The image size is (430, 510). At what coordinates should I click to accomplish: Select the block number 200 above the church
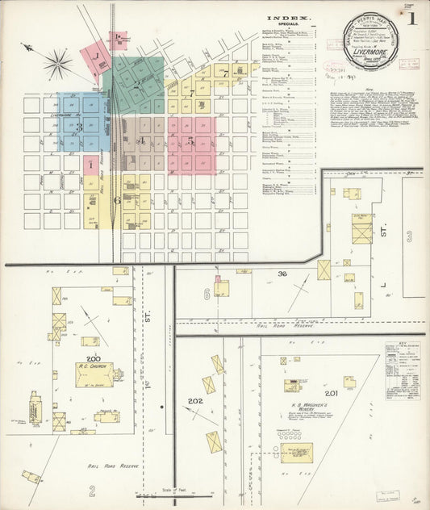click(93, 358)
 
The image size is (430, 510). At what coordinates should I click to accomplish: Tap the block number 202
click(194, 400)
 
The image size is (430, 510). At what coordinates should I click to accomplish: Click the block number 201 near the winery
click(332, 393)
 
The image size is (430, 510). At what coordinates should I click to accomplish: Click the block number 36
click(282, 274)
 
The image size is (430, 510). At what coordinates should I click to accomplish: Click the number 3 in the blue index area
click(79, 127)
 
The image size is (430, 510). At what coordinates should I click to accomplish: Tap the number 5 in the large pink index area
click(191, 140)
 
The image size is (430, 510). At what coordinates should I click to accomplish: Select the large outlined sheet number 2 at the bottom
click(92, 490)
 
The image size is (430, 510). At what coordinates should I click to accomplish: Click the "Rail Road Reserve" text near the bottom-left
click(112, 466)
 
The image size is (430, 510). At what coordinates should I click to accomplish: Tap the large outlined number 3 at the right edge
click(409, 236)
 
